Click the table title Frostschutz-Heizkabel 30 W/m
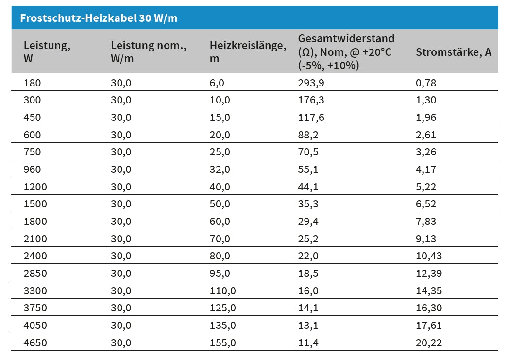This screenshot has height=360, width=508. point(99,18)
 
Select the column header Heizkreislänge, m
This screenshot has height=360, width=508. point(248,52)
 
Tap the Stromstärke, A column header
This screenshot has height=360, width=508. point(453,52)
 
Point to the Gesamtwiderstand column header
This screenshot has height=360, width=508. point(346,52)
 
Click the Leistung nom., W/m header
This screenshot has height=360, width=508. point(149,52)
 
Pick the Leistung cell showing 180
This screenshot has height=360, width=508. point(33,83)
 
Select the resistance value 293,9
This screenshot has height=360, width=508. point(311,83)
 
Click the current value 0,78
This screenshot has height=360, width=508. point(426,83)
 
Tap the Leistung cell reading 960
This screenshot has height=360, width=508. point(33,170)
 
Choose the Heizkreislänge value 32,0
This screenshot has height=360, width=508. point(220,170)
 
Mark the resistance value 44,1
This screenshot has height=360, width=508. point(308,187)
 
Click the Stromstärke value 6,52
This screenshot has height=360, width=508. point(426,204)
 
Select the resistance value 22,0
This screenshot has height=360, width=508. point(308,256)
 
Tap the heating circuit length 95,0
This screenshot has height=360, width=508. point(220,274)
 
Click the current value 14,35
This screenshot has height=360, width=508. point(429,291)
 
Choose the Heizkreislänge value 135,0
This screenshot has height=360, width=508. point(223,326)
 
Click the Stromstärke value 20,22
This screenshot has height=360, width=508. point(429,343)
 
